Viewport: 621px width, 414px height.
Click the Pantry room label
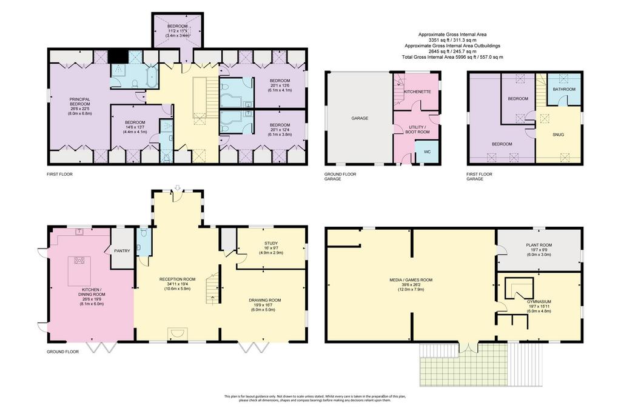click(122, 250)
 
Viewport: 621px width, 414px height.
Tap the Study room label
click(271, 243)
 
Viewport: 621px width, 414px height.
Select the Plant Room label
click(539, 245)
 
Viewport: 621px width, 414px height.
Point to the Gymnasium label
click(539, 301)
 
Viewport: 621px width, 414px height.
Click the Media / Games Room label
click(411, 280)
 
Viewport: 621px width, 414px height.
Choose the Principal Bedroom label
click(79, 102)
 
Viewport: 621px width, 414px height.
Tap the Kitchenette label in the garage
click(417, 92)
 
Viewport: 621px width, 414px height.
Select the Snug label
click(558, 135)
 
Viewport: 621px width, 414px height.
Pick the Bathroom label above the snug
click(564, 89)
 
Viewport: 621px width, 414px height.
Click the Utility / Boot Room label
click(417, 130)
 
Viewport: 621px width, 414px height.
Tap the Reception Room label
click(178, 279)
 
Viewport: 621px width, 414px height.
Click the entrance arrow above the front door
click(178, 187)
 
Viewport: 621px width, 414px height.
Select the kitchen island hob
click(79, 260)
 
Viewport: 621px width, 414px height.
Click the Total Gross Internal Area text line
click(452, 57)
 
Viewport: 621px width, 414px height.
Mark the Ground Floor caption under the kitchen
click(62, 352)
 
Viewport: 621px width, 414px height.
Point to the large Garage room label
click(360, 118)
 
